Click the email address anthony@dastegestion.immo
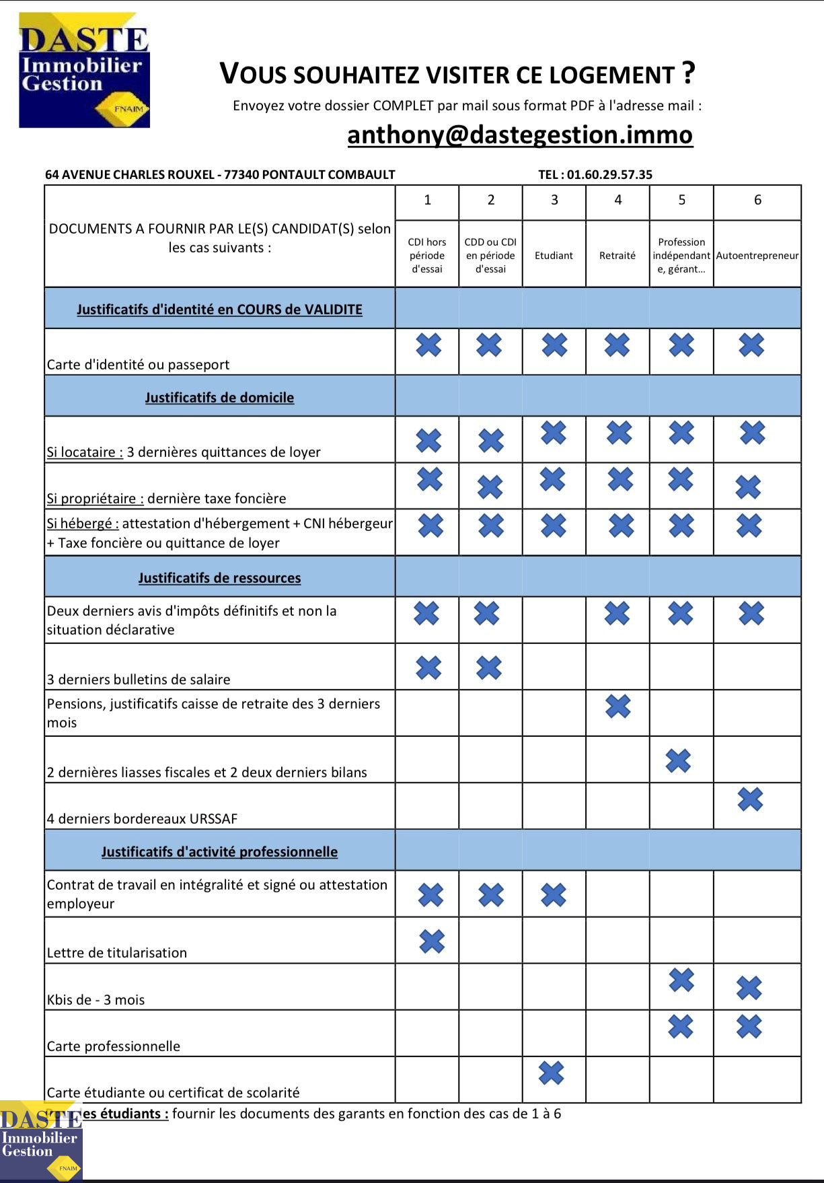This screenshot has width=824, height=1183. (x=519, y=135)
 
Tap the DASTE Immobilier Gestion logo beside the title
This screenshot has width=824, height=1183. (x=84, y=70)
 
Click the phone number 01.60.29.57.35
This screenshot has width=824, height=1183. (x=609, y=175)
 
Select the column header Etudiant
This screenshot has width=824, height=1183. (x=554, y=256)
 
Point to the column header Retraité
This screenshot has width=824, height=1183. (x=617, y=256)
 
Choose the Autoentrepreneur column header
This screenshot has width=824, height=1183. (x=757, y=256)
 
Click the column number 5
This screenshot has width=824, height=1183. (x=681, y=200)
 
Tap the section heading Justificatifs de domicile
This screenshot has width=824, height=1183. (x=219, y=398)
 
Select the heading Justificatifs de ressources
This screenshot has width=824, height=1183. (x=219, y=578)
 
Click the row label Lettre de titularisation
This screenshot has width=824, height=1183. (x=117, y=953)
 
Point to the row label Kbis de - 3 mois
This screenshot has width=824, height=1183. (x=96, y=1000)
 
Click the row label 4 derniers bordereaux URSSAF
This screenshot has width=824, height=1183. (x=142, y=819)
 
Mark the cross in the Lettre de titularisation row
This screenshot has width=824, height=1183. (x=432, y=941)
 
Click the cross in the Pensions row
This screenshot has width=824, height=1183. (x=617, y=706)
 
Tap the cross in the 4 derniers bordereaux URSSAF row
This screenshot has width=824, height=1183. (x=750, y=799)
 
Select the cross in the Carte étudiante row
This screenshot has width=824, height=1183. (x=552, y=1073)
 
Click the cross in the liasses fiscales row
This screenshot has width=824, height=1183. (x=678, y=760)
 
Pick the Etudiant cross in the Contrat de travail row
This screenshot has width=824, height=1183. (x=554, y=895)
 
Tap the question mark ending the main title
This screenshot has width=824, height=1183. (x=687, y=73)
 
